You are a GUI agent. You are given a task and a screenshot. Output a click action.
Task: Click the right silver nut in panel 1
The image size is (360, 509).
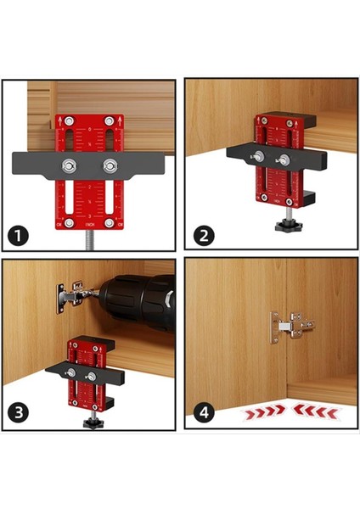(109, 165)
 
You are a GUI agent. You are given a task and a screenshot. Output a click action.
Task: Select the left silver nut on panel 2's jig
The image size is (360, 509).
(259, 156)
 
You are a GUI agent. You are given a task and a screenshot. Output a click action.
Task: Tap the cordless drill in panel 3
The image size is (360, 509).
(136, 301)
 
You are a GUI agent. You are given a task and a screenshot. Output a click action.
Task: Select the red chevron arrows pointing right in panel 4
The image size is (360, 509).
(262, 412)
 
